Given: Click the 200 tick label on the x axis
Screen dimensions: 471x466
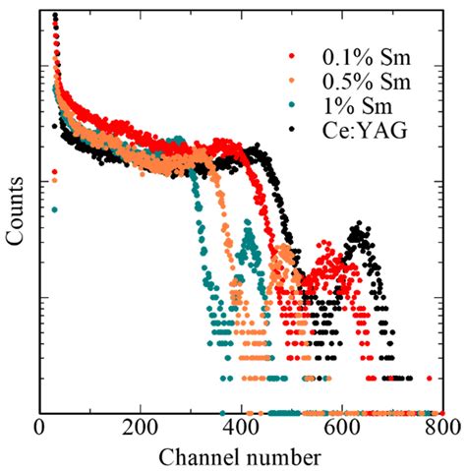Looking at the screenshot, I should click(x=141, y=431).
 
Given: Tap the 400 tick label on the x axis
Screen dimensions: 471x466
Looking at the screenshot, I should click(x=242, y=431).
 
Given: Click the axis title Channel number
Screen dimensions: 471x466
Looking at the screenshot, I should click(x=242, y=457).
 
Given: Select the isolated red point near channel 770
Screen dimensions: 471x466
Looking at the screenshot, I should click(x=429, y=379).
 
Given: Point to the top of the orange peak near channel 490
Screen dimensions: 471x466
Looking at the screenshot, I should click(x=285, y=250).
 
